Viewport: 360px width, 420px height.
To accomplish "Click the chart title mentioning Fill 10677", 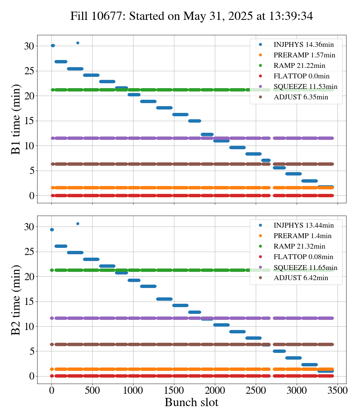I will (x=192, y=16).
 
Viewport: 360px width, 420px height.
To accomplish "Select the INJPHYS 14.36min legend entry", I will (x=303, y=45).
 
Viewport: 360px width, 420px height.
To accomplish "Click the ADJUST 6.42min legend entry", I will (x=301, y=278).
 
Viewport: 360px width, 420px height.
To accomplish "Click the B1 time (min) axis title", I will (x=16, y=119).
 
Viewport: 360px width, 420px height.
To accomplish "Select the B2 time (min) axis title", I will (x=16, y=300).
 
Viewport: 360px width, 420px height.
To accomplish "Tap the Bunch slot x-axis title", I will (x=191, y=403).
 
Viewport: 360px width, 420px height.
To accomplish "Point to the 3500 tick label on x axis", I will (x=337, y=390).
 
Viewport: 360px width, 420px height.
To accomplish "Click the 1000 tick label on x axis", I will (x=133, y=390).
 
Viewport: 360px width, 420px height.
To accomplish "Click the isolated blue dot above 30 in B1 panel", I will (x=78, y=43).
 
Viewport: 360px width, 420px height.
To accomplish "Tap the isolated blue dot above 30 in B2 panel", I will (x=78, y=223).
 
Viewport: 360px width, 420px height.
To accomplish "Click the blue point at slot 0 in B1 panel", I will (x=53, y=46).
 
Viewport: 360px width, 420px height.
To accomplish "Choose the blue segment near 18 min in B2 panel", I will (x=148, y=286).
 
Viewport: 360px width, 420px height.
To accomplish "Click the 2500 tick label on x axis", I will (x=256, y=390).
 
